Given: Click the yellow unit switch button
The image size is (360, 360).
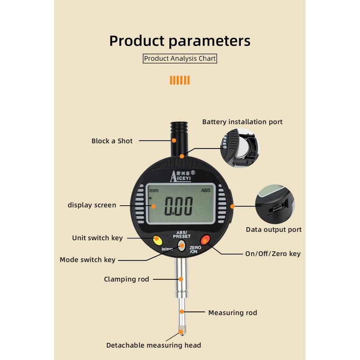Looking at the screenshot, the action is click(x=157, y=239).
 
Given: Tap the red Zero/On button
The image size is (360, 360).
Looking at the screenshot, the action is click(x=206, y=239).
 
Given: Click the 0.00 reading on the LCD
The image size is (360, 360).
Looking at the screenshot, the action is click(x=178, y=207).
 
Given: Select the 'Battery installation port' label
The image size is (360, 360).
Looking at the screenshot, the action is click(x=242, y=122).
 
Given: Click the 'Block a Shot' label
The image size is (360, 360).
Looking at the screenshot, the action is click(x=112, y=141).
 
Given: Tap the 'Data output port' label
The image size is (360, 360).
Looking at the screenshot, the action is click(x=274, y=229).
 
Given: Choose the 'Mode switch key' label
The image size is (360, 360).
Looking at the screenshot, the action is click(x=87, y=260).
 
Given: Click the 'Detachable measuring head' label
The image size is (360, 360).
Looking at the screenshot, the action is click(x=153, y=345).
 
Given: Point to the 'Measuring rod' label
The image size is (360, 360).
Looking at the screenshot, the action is click(x=232, y=312).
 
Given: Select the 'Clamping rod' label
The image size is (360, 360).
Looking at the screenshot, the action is click(x=126, y=279).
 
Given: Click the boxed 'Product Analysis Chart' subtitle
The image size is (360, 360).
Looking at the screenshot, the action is click(x=180, y=58).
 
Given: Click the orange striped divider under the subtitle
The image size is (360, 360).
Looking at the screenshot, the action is click(x=180, y=80).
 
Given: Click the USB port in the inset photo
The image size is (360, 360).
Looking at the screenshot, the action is click(x=276, y=208).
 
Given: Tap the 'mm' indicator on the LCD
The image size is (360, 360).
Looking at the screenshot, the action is click(x=154, y=190).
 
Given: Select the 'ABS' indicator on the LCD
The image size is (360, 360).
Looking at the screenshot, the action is click(x=206, y=190).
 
